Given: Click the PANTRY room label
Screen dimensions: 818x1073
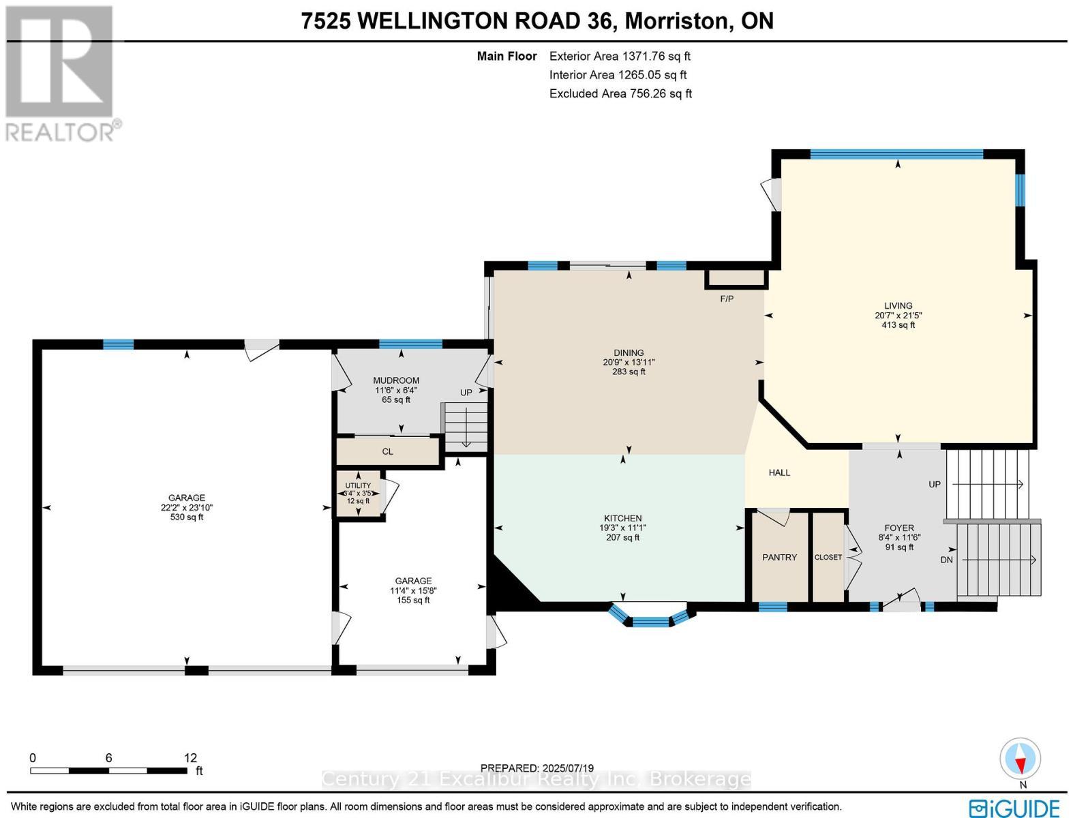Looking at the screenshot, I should pos(779,558).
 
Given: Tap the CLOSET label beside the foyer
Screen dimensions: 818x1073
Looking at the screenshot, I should pos(828,558).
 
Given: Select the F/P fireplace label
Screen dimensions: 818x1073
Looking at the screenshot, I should pos(727,299).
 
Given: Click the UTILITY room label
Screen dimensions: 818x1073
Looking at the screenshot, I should pos(358,485).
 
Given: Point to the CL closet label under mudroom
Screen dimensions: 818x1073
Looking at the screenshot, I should pos(387,452).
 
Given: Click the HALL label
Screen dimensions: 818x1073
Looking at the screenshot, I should pos(779,472).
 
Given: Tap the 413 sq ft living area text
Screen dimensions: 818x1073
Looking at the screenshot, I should pos(898,325).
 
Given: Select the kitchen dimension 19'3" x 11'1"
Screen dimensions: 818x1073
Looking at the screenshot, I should pos(622,528).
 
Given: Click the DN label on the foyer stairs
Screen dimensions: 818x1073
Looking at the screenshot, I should pos(946,560).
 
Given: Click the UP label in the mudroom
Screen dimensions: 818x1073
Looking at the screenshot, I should pos(466,393).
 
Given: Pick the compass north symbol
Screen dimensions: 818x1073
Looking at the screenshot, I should pos(1021,759).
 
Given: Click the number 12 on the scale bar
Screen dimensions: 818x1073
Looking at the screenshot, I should pos(190,757).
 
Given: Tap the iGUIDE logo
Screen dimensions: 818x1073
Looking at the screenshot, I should pos(1016,806).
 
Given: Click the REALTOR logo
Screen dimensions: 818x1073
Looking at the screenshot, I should pos(61,72).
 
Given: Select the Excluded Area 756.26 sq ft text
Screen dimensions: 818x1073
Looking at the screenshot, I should pos(620,94).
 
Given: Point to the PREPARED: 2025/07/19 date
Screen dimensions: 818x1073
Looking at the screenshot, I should pos(538,768).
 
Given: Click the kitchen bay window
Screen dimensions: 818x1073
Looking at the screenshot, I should pos(651,620).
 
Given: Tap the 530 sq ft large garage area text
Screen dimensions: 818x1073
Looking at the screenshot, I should pos(187,517).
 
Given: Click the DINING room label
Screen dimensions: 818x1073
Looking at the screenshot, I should pos(628,353).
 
